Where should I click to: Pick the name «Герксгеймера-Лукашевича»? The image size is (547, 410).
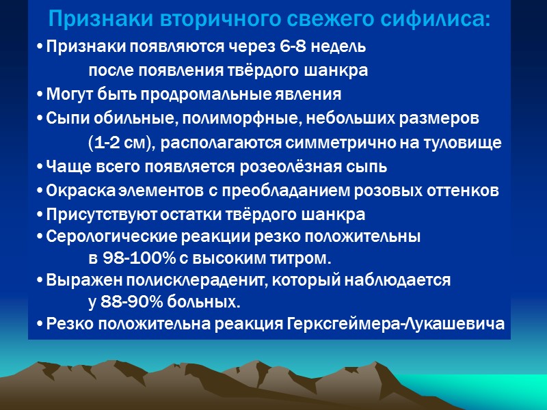coord(394,324)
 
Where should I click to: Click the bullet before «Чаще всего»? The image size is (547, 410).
coord(40,167)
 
